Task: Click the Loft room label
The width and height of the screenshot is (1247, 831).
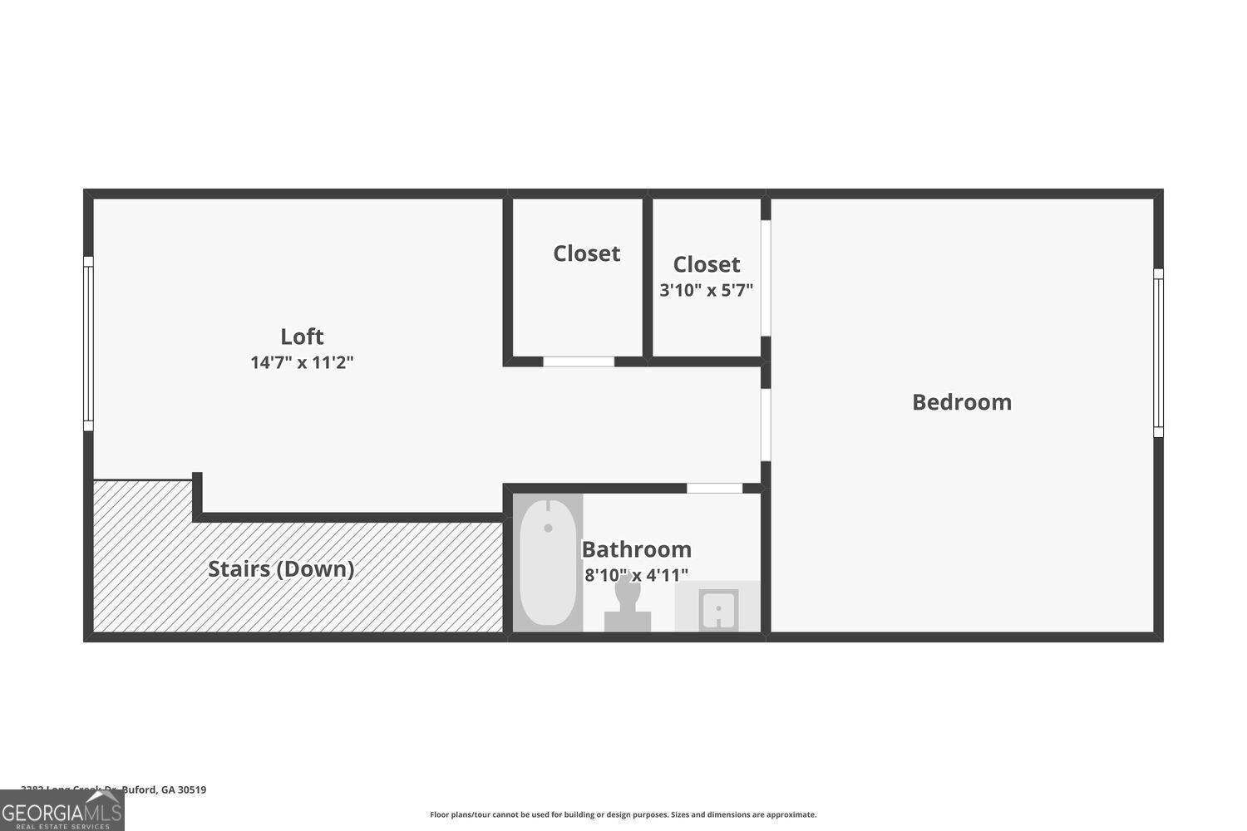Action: (302, 337)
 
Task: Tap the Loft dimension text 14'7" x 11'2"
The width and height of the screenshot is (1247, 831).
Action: (302, 363)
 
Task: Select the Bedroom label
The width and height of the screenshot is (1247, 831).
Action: (962, 402)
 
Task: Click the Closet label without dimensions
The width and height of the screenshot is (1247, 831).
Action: (586, 253)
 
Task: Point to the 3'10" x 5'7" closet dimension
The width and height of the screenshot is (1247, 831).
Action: (706, 291)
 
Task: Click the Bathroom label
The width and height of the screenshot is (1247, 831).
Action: (636, 549)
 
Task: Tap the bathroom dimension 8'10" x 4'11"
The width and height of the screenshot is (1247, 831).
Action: (636, 574)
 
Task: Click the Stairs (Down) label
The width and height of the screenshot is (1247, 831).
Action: (281, 569)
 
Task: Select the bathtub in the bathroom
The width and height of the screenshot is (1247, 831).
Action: (548, 563)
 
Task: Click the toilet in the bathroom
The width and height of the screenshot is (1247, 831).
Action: (628, 602)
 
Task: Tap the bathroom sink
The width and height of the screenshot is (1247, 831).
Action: (718, 610)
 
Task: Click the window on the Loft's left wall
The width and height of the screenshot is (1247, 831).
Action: (88, 343)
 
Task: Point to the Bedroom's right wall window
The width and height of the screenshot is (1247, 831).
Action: (1158, 352)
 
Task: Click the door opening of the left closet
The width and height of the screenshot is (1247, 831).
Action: (579, 361)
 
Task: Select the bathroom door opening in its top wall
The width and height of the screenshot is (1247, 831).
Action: (714, 488)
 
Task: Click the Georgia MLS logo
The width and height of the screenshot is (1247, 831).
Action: (62, 810)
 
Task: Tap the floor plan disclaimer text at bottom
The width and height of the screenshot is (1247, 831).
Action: (623, 815)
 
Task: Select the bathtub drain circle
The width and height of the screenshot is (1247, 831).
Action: (548, 528)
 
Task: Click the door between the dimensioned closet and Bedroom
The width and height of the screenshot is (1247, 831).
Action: (766, 278)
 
